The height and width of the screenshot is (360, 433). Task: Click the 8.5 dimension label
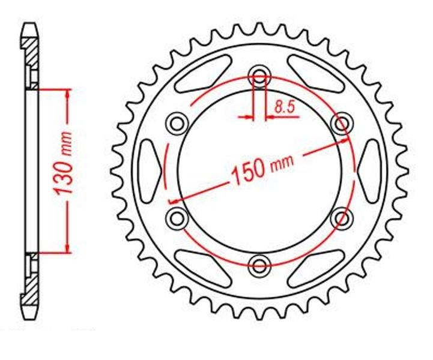coord(285,107)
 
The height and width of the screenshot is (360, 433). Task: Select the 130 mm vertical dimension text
coord(63,163)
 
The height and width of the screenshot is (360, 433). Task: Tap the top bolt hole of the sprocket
coord(259,76)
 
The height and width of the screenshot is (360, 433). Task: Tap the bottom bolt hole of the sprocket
coord(259,266)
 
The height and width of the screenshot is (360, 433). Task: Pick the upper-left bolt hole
coord(177,124)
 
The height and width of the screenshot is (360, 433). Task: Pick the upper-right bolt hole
coord(342,124)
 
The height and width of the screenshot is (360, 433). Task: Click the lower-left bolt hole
coord(177,219)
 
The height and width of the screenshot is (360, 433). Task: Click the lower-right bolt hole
coord(342,219)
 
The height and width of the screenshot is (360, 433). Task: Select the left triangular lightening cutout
coord(148,172)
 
